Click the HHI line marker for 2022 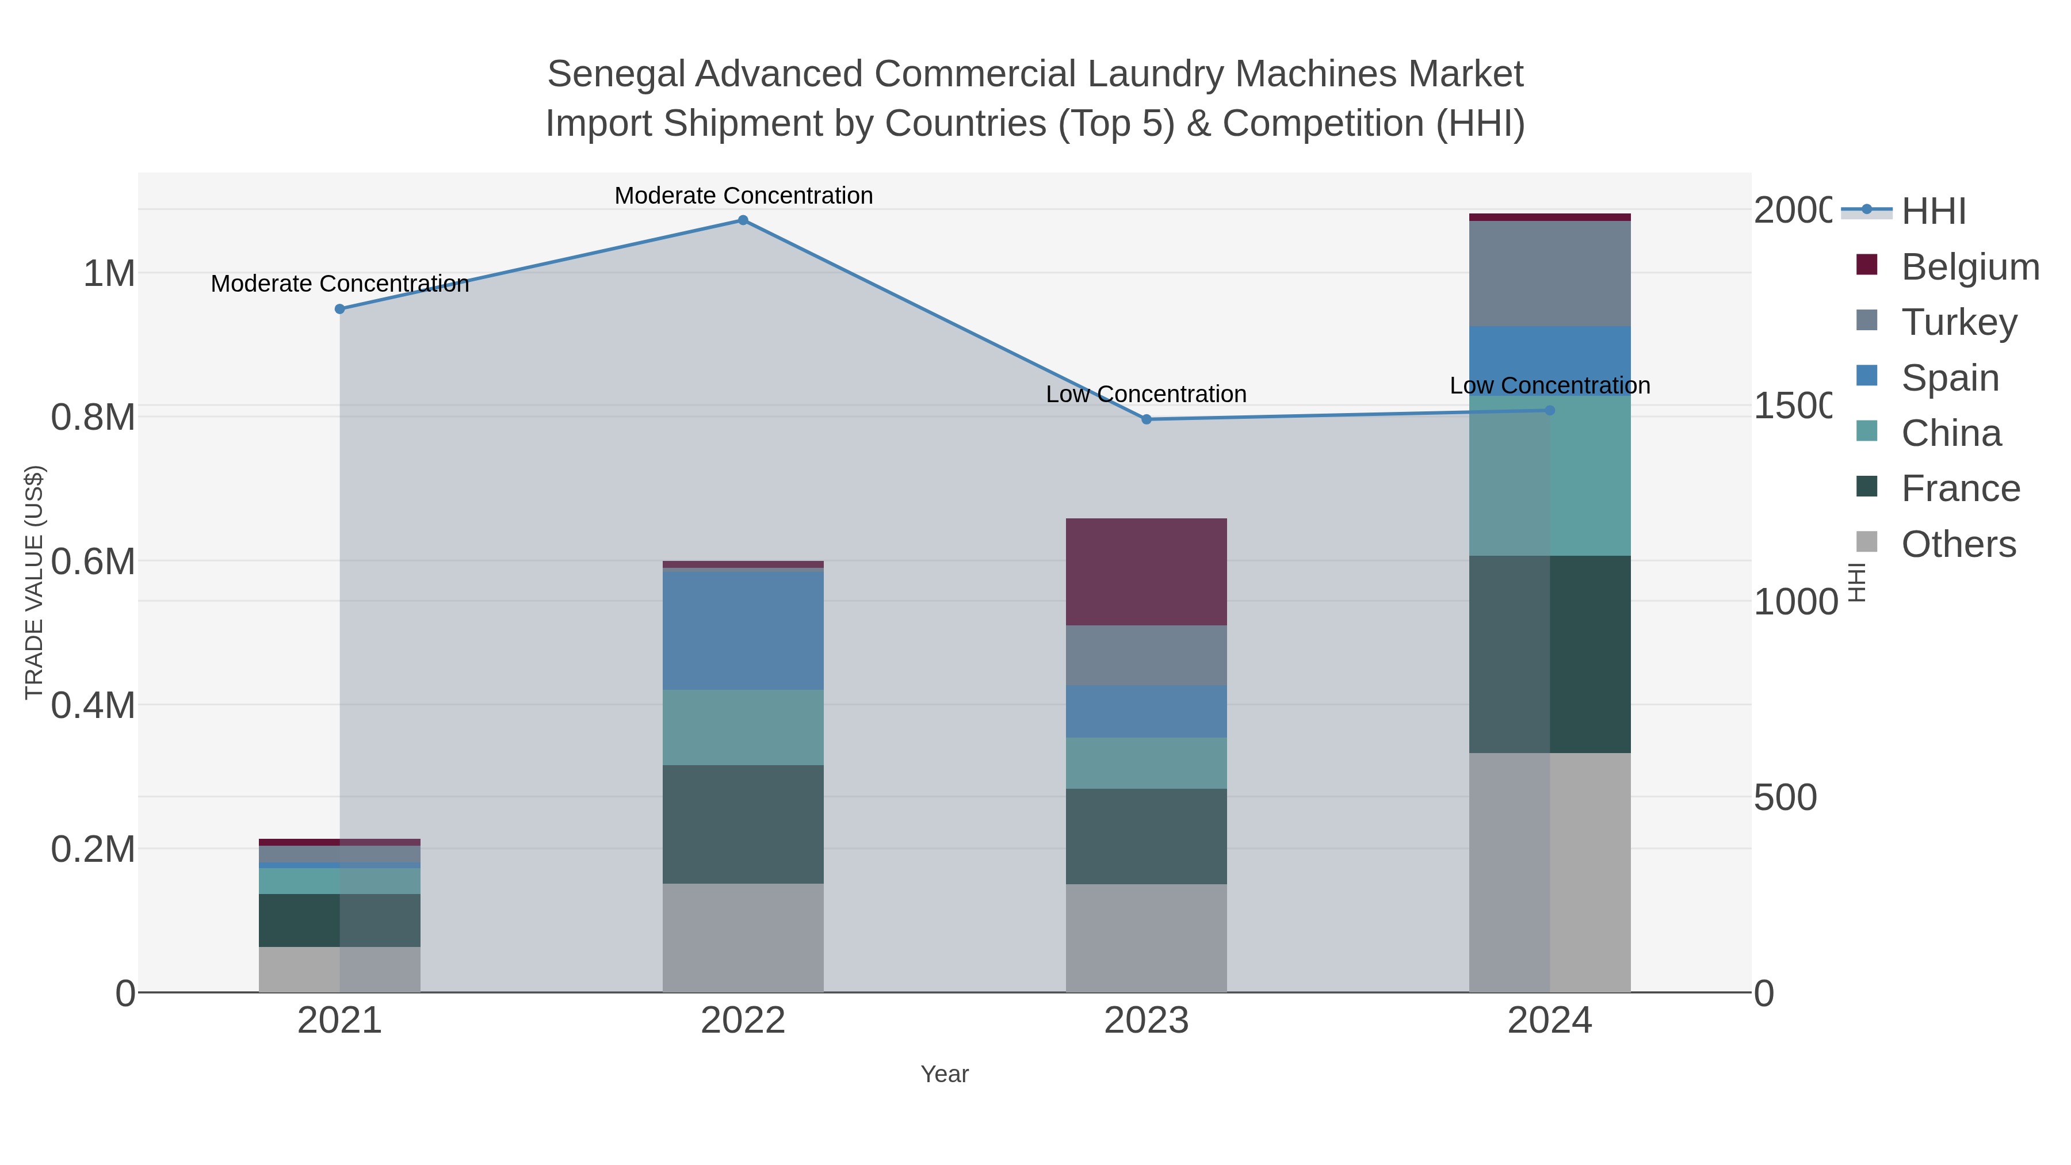[x=743, y=220]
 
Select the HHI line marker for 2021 [x=339, y=309]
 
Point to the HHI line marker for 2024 [x=1550, y=410]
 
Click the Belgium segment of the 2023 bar [x=1147, y=572]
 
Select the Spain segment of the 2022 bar [x=743, y=629]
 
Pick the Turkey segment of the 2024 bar [x=1550, y=273]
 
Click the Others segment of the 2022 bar [x=743, y=938]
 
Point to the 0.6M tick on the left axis [x=93, y=561]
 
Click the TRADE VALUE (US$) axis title [x=34, y=582]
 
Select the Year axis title [x=945, y=1074]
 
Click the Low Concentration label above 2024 [x=1550, y=386]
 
